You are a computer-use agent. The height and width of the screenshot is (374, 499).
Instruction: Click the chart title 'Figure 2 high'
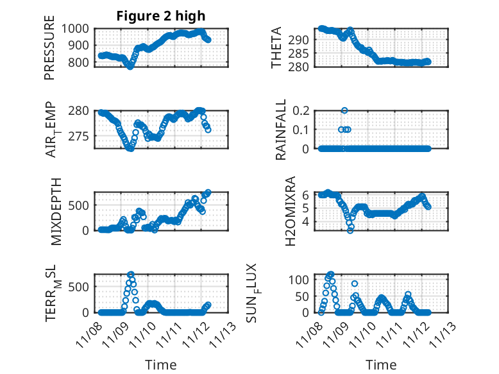[x=161, y=16]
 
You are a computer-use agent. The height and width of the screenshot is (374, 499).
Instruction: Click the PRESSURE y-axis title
[x=49, y=51]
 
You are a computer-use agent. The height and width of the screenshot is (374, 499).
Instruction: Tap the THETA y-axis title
[x=276, y=47]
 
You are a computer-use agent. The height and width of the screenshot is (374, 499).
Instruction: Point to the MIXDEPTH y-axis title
[x=55, y=210]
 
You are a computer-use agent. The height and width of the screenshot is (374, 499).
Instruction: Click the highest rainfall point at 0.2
[x=344, y=110]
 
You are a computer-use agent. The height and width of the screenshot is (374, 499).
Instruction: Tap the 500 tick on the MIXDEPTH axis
[x=83, y=205]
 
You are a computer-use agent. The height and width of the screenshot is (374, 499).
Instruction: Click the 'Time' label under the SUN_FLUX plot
[x=381, y=364]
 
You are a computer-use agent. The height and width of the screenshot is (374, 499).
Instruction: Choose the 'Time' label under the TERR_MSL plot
[x=161, y=364]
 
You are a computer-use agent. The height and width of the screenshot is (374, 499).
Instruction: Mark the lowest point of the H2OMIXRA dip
[x=350, y=230]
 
